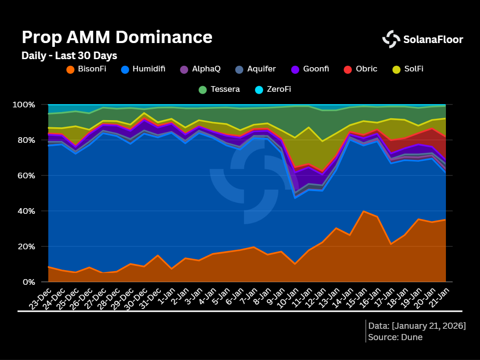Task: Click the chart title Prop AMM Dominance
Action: pyautogui.click(x=117, y=37)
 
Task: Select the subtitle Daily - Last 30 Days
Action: pyautogui.click(x=69, y=55)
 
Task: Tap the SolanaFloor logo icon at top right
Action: pyautogui.click(x=391, y=39)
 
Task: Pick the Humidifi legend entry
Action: pyautogui.click(x=143, y=69)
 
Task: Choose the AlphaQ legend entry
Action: pyautogui.click(x=200, y=69)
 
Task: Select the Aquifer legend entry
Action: pyautogui.click(x=255, y=69)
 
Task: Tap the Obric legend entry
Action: pyautogui.click(x=361, y=69)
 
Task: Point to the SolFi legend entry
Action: pyautogui.click(x=408, y=69)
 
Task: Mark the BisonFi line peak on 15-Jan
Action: pyautogui.click(x=364, y=211)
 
